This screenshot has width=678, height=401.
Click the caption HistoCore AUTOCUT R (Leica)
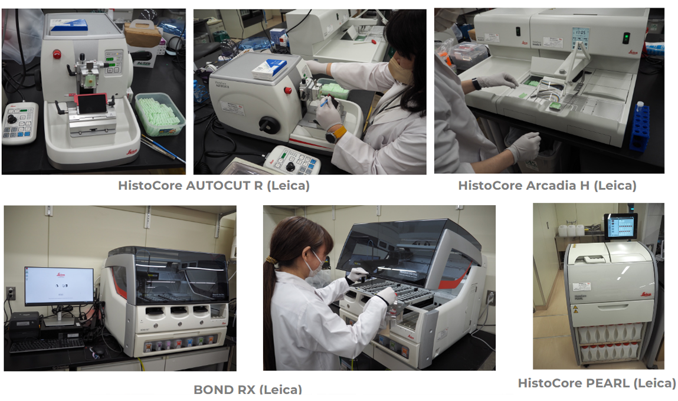coord(213,185)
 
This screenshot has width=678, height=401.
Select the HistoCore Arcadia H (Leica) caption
coord(547,185)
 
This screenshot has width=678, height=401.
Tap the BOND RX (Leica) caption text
coord(247,389)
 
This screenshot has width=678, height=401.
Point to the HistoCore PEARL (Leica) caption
coord(597,383)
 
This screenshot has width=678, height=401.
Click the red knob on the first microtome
coord(57,54)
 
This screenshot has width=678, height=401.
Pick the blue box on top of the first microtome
coord(69,25)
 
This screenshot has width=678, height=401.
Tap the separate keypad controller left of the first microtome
coord(20,123)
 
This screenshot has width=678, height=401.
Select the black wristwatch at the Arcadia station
coord(476,84)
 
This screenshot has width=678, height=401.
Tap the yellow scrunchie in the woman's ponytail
coord(271,260)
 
